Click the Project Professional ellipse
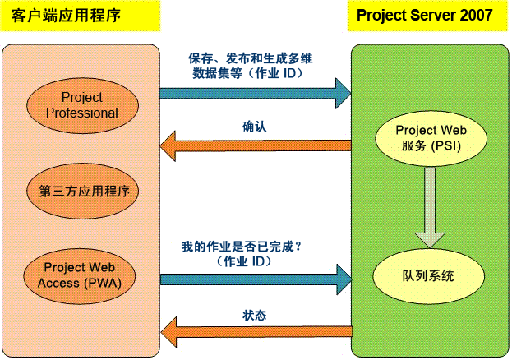[x=82, y=105]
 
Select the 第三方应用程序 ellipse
[x=83, y=192]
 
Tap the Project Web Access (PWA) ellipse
[x=80, y=276]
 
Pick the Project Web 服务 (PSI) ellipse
[x=431, y=139]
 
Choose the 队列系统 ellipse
[x=429, y=276]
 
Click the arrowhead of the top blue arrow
[x=344, y=94]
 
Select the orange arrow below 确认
[x=256, y=145]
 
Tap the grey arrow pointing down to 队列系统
[x=430, y=208]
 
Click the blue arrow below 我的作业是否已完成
[x=256, y=279]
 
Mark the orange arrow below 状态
[x=256, y=332]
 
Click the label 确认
[x=255, y=127]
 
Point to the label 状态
[x=255, y=316]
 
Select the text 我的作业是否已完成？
[x=242, y=247]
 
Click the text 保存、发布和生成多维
[x=251, y=58]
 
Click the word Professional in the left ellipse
[x=82, y=113]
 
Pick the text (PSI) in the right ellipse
[x=445, y=145]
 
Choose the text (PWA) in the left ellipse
[x=103, y=283]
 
